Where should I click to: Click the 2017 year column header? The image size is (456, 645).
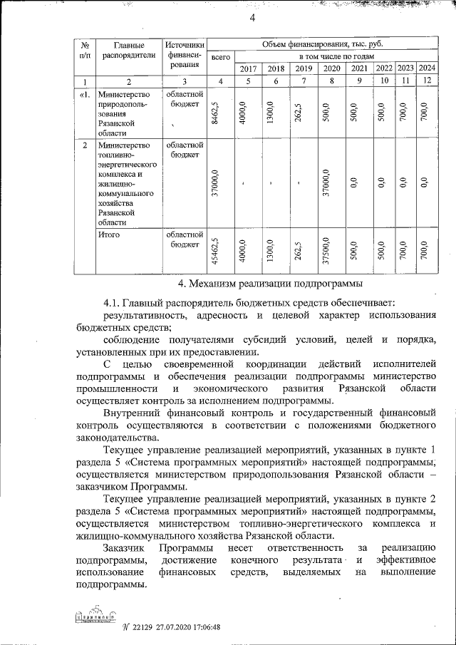pos(248,68)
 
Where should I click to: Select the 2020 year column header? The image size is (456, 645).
pos(331,68)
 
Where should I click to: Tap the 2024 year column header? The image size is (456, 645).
pos(427,68)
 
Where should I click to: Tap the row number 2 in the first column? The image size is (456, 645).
pos(85,146)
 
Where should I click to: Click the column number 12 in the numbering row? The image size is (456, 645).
pos(427,81)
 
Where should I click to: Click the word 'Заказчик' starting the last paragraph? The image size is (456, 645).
pos(123,547)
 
